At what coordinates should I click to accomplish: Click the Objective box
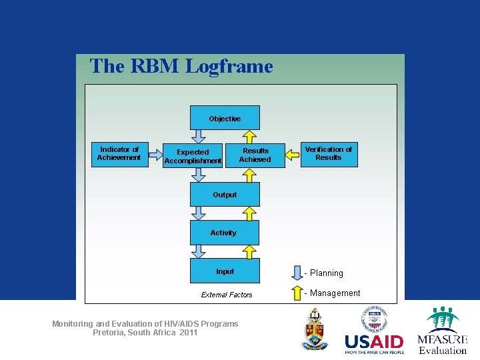[x=225, y=118]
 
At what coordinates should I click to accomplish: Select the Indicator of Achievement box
[x=119, y=154]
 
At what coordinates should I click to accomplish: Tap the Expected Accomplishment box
[x=193, y=156]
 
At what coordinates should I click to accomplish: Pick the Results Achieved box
[x=255, y=155]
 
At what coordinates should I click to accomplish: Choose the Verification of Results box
[x=329, y=154]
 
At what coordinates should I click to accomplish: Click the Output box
[x=225, y=195]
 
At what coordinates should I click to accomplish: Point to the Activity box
[x=224, y=233]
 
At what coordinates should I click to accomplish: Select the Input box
[x=225, y=271]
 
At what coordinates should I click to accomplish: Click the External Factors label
[x=227, y=295]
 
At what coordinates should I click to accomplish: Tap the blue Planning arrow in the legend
[x=297, y=273]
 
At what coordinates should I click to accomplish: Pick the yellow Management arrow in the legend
[x=297, y=293]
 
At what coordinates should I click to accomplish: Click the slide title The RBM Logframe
[x=181, y=67]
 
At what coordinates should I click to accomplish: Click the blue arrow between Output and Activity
[x=198, y=213]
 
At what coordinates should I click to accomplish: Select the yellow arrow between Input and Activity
[x=249, y=251]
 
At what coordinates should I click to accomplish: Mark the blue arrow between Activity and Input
[x=198, y=251]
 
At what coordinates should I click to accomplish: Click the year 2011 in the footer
[x=189, y=333]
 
